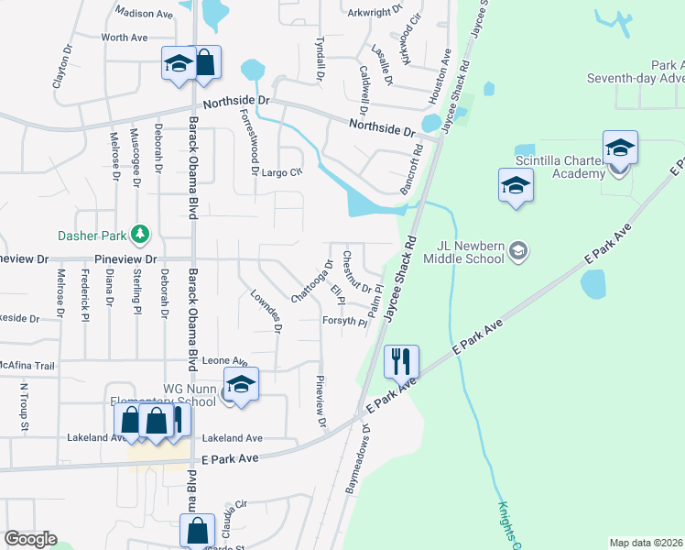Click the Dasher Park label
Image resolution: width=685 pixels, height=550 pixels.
click(x=90, y=236)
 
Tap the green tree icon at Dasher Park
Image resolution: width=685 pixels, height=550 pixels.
click(x=140, y=236)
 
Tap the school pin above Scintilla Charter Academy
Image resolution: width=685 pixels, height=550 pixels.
click(x=620, y=147)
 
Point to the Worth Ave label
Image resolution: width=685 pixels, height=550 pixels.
click(x=125, y=38)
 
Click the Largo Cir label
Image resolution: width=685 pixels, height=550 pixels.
click(x=282, y=171)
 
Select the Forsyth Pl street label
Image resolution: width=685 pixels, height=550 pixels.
click(x=344, y=321)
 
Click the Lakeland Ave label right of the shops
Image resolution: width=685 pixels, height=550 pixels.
click(x=233, y=438)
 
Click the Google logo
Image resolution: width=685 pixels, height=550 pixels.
click(x=30, y=539)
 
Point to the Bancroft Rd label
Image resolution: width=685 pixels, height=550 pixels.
click(x=410, y=168)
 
